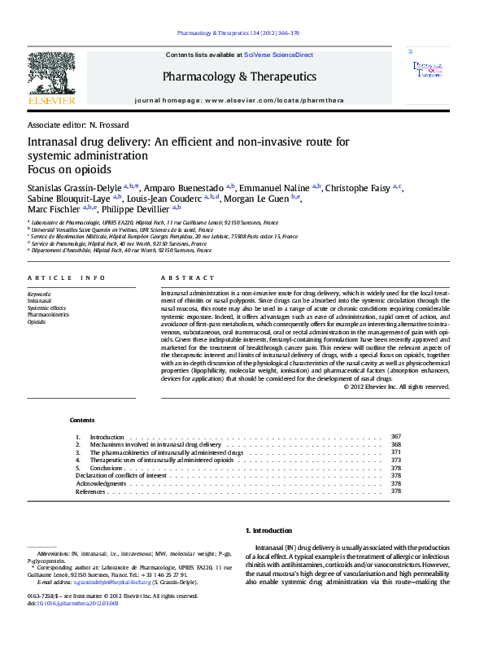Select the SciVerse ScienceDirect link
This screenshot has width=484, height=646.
[x=278, y=55]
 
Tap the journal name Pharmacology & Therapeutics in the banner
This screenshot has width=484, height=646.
[x=239, y=76]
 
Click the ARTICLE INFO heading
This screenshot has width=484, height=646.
[x=66, y=277]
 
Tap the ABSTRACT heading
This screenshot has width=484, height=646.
[x=181, y=277]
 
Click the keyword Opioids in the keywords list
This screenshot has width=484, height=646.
[x=37, y=322]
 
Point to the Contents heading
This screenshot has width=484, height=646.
[x=82, y=420]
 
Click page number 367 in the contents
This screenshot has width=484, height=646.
[x=396, y=437]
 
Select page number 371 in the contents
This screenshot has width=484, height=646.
[x=396, y=452]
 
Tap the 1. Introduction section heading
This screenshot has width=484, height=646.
[x=268, y=530]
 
